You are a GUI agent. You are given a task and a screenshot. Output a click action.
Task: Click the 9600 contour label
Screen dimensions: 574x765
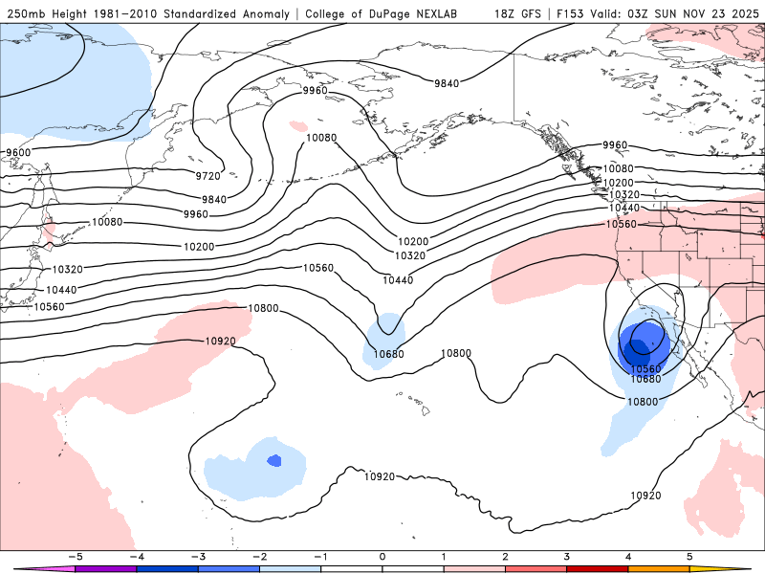[x=18, y=153]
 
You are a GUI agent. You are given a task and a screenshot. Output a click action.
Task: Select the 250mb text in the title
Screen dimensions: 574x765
[x=26, y=14]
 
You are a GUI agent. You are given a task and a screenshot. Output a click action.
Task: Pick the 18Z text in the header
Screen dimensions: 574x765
[x=506, y=14]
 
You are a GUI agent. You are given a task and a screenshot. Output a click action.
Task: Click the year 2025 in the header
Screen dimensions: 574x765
[x=741, y=14]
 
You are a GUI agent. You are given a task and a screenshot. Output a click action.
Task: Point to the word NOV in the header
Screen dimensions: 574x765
[x=687, y=14]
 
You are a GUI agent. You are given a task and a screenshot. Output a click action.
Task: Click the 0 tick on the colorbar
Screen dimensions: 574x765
[x=382, y=556]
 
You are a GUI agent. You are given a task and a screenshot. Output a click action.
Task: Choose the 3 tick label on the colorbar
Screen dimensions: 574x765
[x=567, y=556]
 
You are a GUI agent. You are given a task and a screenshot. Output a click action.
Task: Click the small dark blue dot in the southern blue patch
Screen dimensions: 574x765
[x=274, y=460]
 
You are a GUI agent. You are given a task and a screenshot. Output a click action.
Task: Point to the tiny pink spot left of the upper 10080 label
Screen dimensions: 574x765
[x=298, y=125]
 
